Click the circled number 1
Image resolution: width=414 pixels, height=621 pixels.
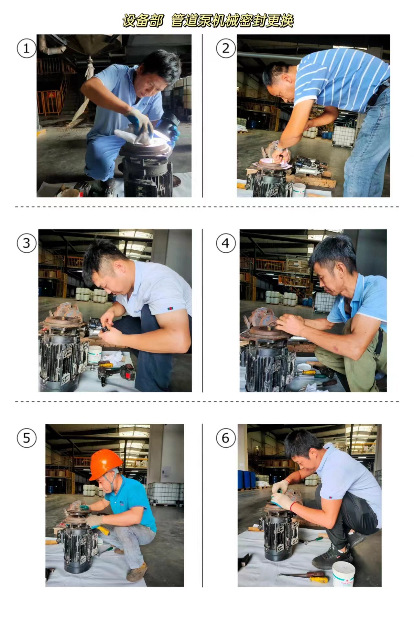pos(26,49)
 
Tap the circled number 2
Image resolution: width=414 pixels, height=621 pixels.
pos(226,49)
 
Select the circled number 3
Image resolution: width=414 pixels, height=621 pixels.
pos(26,243)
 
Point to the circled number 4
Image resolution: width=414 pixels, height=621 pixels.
pos(226,243)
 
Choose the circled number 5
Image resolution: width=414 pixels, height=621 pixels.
pos(26,438)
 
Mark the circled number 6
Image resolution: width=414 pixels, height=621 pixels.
pos(226,438)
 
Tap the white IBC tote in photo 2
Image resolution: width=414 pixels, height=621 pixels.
pos(343,136)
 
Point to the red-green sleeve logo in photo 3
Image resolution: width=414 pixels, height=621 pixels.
pos(170,309)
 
